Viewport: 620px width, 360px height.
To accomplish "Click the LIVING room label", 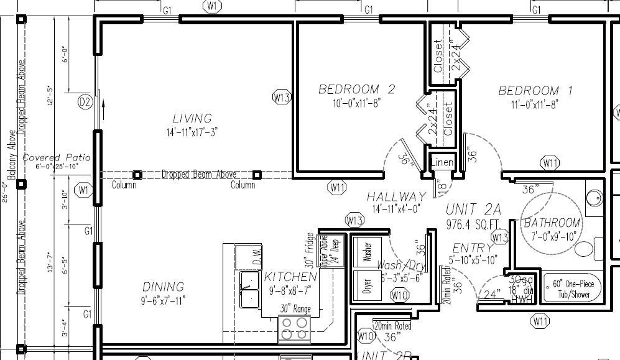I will tap(192, 118).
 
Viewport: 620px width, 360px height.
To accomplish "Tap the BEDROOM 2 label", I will tap(356, 90).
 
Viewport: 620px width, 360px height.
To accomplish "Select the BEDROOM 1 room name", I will tap(536, 91).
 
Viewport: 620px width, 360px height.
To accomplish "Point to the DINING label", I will tap(164, 287).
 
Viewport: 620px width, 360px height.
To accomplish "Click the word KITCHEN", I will tap(290, 277).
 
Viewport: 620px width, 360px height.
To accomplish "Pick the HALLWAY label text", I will tap(396, 196).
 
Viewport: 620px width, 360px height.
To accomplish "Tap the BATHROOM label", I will tap(552, 223).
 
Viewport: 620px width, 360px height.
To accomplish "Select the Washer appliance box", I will tap(366, 251).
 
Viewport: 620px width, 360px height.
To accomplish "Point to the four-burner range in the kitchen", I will tap(294, 329).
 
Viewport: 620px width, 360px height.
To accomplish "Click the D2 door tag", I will tap(85, 101).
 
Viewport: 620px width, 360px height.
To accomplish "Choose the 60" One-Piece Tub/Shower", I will tap(572, 288).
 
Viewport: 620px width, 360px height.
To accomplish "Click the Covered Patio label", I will tap(57, 158).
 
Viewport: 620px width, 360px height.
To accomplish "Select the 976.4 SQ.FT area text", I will tap(473, 223).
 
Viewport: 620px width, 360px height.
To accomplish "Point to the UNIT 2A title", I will tap(473, 209).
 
